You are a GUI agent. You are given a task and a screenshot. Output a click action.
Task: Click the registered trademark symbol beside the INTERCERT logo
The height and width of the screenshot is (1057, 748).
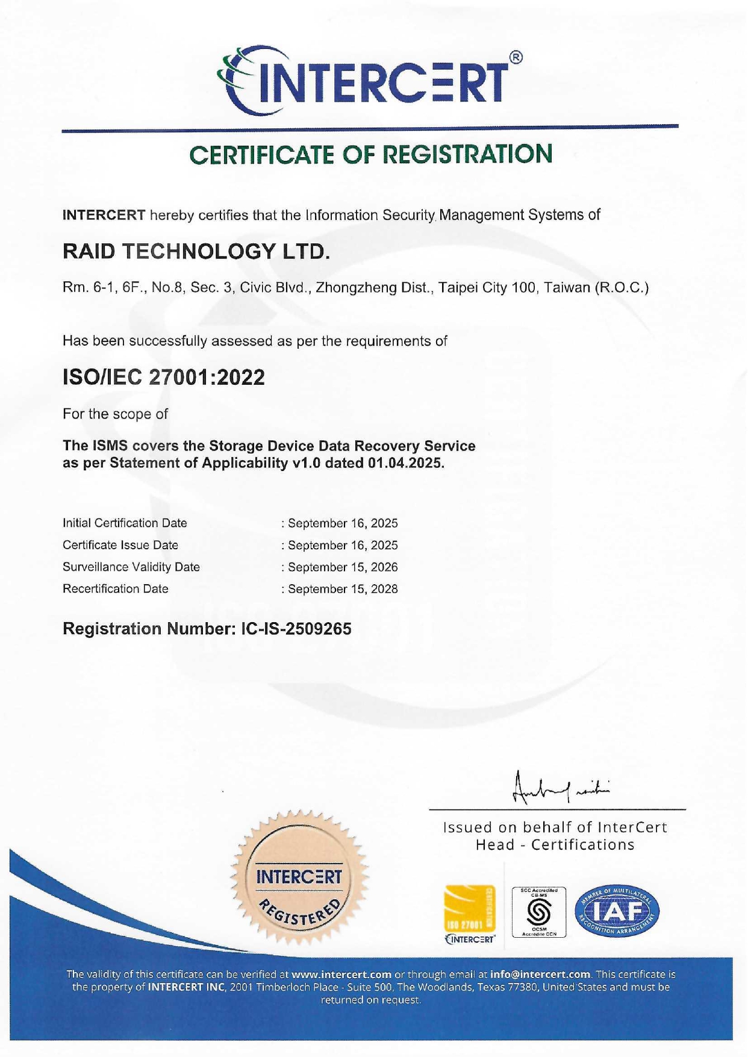pos(516,58)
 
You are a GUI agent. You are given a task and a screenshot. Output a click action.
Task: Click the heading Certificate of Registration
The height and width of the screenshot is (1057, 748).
pos(370,155)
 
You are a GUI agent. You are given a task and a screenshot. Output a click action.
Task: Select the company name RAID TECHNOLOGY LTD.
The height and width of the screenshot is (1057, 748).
pos(196,251)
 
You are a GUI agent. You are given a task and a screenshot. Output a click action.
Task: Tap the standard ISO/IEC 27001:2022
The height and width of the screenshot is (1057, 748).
pos(164,378)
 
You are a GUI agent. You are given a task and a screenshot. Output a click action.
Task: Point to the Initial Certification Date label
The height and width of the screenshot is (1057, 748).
pos(125,523)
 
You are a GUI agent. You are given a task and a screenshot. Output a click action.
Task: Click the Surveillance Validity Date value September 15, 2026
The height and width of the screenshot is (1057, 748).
pos(343,567)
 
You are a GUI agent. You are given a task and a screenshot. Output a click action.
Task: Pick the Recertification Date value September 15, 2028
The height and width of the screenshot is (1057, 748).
pos(343,588)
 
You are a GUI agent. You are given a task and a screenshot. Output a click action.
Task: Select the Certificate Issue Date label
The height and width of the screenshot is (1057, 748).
pos(120,545)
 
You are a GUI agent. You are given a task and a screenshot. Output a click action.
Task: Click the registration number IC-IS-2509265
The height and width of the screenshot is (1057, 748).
pos(296,629)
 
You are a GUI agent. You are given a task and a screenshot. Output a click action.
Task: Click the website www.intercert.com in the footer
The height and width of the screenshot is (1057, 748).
pos(341,974)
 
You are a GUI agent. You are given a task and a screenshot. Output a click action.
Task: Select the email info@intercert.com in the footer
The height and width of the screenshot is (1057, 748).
pos(540,974)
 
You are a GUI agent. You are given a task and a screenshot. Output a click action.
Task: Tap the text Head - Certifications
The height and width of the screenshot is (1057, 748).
pos(555,845)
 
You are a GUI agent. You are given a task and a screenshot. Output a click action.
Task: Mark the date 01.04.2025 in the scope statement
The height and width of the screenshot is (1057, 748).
pos(406,463)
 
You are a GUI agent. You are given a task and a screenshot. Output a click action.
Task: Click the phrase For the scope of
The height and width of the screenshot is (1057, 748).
pos(115,414)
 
